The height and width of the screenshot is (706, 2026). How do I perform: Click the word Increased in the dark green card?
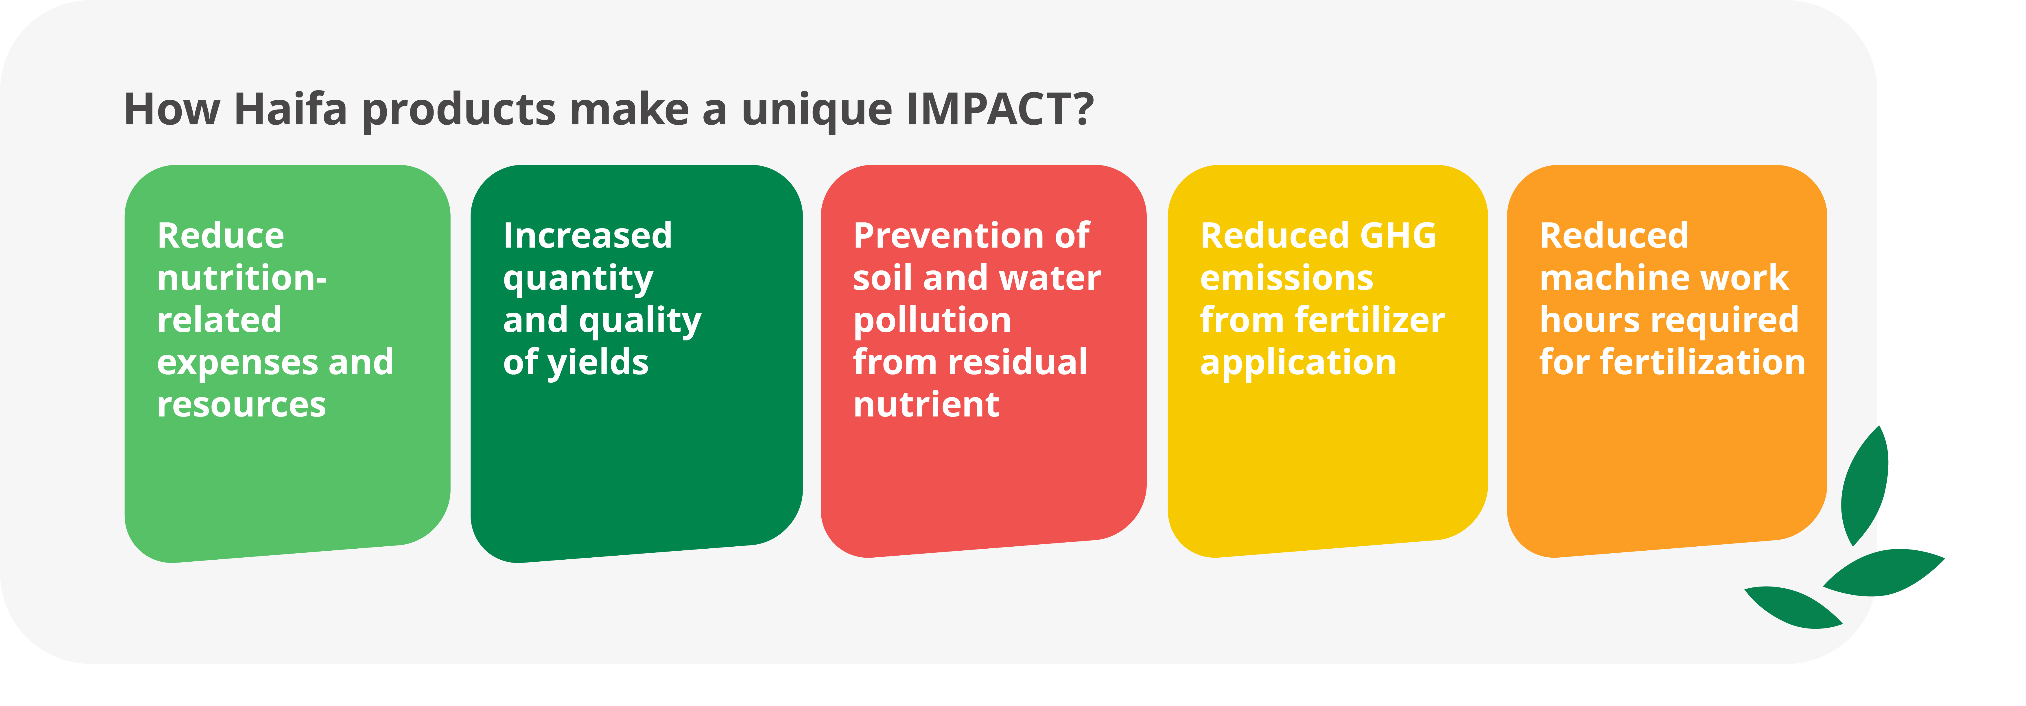coord(587,235)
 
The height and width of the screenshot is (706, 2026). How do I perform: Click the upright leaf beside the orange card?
coord(1865,486)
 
